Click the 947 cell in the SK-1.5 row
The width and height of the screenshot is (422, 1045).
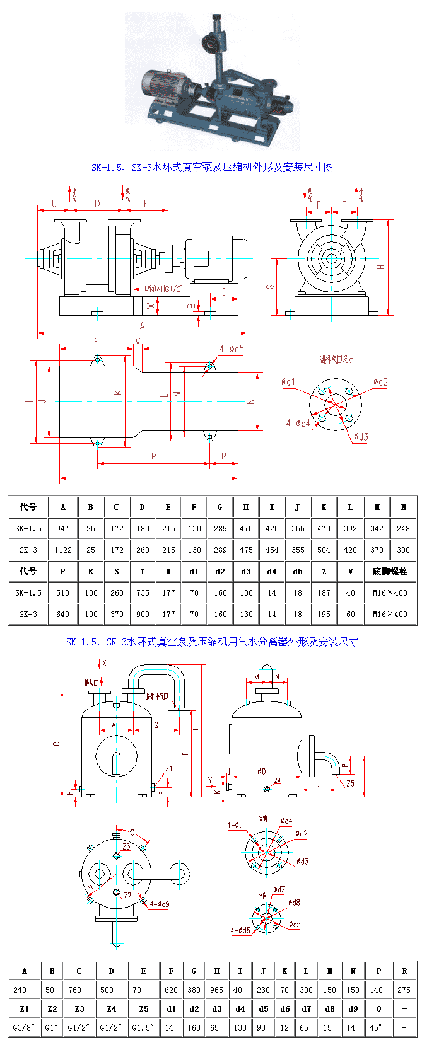point(62,528)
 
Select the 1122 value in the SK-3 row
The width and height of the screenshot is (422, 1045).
point(62,550)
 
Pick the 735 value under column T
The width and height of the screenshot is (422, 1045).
point(143,592)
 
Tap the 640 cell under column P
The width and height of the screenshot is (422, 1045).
point(62,614)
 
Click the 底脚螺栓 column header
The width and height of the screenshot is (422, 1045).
point(390,571)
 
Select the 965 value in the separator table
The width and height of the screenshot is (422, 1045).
point(217,990)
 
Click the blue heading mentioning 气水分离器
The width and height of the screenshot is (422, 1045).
point(212,642)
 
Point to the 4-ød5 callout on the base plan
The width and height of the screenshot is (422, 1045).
point(232,349)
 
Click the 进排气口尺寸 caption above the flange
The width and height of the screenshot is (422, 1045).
point(336,360)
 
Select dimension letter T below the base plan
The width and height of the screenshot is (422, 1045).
point(149,471)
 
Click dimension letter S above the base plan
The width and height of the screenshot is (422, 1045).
point(97,342)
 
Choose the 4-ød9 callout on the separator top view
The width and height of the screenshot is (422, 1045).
point(159,904)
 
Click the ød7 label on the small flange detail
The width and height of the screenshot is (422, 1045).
point(279,890)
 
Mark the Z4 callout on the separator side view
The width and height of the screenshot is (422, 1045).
point(277,780)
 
